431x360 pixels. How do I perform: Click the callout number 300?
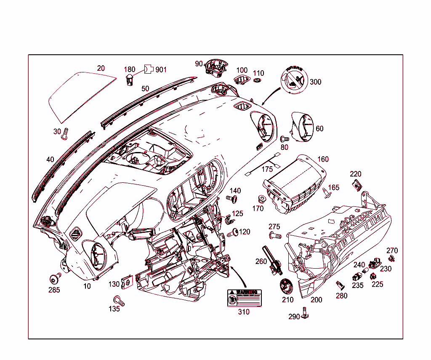(315, 82)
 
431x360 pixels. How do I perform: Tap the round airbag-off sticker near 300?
(293, 80)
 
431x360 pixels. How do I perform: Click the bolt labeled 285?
(54, 279)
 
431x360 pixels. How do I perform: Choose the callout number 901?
(161, 69)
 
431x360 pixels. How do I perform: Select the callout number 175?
(267, 169)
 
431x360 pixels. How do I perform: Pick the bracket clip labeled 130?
(127, 283)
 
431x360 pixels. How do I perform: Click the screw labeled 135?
(119, 301)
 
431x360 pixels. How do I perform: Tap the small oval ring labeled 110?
(258, 80)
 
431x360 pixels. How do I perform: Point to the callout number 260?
(261, 261)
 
